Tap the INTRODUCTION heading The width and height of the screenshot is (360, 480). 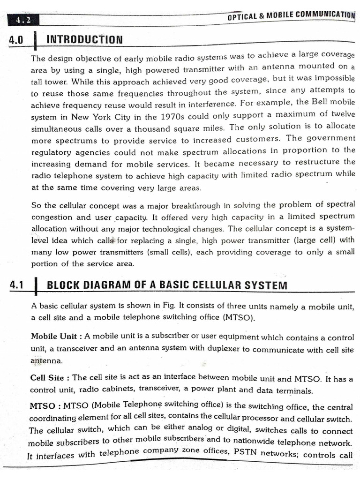pos(85,39)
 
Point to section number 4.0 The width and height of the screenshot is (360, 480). pos(16,40)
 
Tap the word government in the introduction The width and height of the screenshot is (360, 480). pos(331,138)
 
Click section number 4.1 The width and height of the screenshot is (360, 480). pos(16,285)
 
